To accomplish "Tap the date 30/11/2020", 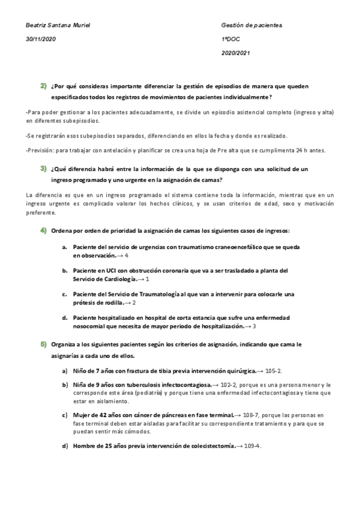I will (40, 39).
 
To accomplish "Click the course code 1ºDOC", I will (231, 39).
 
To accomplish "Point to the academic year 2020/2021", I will (236, 53).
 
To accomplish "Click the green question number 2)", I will (44, 87).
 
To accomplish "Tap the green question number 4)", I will (44, 230).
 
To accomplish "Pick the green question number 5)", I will (44, 345).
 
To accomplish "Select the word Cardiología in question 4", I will (120, 279).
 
